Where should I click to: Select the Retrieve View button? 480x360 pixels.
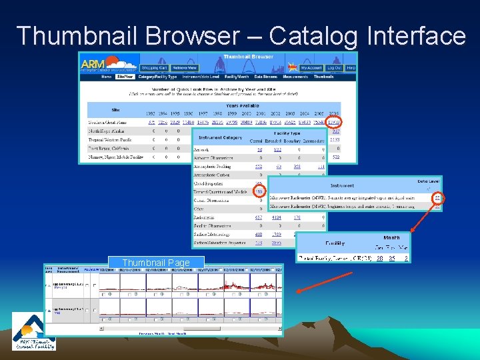(x=184, y=68)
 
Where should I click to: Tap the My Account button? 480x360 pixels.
(x=311, y=68)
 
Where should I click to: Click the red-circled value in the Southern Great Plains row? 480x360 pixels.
(x=333, y=123)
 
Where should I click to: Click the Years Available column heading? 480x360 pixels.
(x=241, y=106)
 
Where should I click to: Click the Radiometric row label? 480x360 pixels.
(x=205, y=217)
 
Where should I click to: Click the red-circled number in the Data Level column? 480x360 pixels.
(x=437, y=197)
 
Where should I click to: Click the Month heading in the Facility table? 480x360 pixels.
(x=391, y=238)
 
